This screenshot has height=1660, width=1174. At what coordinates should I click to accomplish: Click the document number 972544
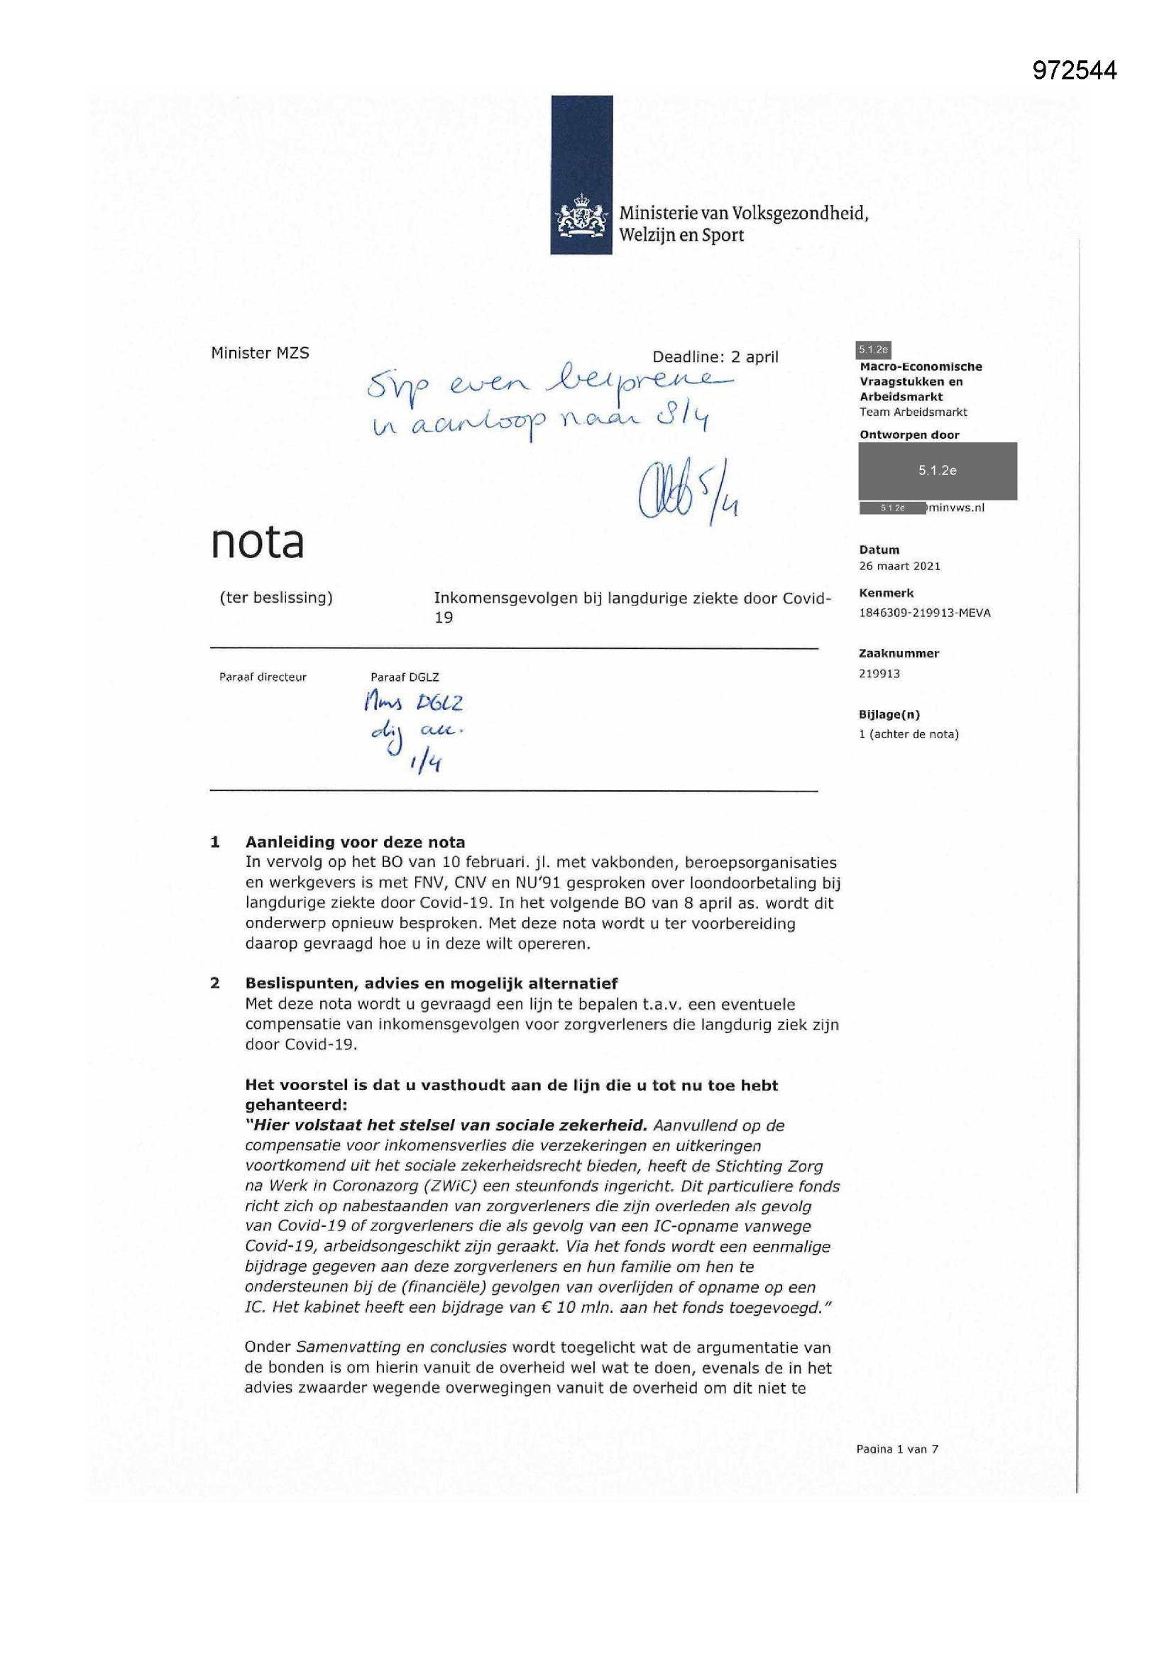(1074, 70)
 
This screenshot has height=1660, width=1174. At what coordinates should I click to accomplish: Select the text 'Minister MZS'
(260, 353)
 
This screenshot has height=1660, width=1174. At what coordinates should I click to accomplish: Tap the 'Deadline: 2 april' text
(715, 356)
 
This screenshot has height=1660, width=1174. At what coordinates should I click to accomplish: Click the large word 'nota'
(257, 542)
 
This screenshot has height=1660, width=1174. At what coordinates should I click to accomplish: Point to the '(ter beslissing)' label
(275, 597)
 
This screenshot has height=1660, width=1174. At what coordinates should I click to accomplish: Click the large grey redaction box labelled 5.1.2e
(937, 471)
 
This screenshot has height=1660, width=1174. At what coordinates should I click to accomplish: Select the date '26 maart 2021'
(899, 566)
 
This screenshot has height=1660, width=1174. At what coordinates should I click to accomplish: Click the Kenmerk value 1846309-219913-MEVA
(924, 612)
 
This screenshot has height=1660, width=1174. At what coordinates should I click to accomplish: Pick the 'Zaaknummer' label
(899, 653)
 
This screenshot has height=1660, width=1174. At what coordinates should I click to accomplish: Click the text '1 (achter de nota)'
(909, 734)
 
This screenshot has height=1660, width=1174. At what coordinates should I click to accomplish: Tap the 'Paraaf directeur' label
(263, 677)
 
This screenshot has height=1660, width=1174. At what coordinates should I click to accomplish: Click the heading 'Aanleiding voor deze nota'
(354, 841)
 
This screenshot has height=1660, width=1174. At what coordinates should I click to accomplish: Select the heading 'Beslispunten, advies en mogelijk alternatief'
(431, 983)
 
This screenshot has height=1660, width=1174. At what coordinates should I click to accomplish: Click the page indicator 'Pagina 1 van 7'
(896, 1448)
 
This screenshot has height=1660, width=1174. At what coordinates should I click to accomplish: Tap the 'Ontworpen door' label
(909, 435)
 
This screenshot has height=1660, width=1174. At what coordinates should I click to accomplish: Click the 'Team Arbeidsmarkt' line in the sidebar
(913, 412)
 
